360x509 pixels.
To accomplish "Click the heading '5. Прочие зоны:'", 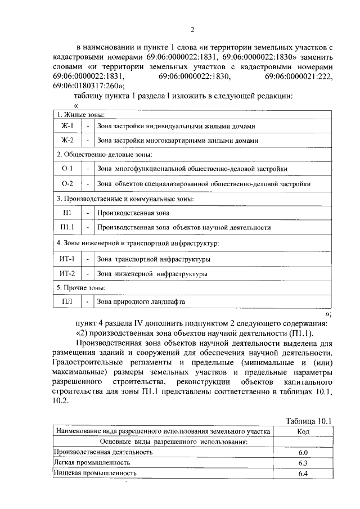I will point(82,288).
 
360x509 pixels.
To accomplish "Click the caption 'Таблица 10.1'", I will point(309,421).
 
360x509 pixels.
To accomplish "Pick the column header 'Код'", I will point(303,431).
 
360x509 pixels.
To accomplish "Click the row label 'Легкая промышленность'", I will point(92,462).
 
